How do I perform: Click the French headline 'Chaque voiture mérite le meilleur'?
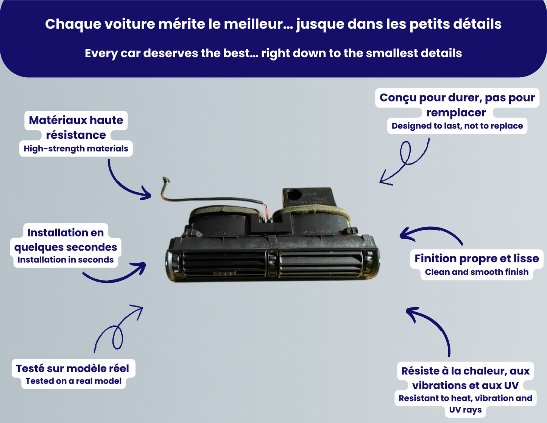click(273, 24)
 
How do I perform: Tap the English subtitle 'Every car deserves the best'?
click(273, 53)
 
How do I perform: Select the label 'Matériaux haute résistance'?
click(76, 127)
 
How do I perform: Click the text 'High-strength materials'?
click(76, 149)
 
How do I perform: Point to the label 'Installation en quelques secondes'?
click(65, 240)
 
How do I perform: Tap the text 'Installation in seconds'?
click(65, 260)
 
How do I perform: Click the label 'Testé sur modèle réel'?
click(73, 368)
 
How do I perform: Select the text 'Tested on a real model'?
click(73, 381)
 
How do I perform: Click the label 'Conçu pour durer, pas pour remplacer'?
click(457, 105)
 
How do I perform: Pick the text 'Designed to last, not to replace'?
click(457, 126)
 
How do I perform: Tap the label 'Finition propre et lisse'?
click(477, 258)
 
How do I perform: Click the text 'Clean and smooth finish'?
click(477, 272)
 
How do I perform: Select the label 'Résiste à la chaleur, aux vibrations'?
click(465, 378)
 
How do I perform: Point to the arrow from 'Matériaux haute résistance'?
click(125, 184)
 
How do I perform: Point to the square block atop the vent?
click(309, 197)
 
